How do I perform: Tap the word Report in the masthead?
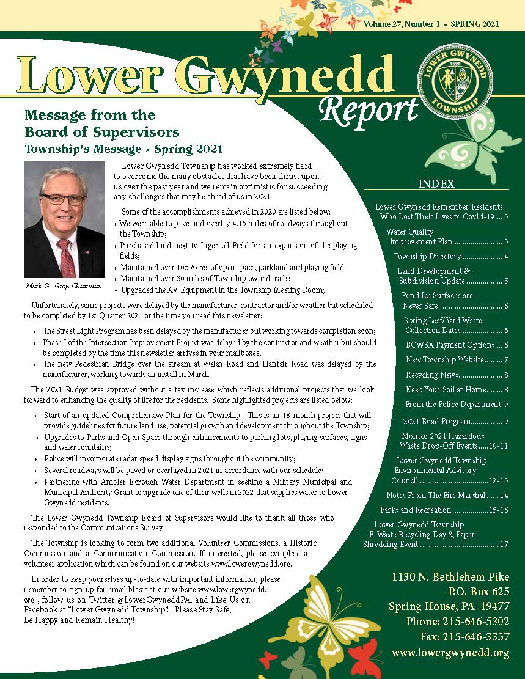[x=368, y=110]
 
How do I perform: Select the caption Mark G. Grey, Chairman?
[x=64, y=285]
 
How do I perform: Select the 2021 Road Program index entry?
[x=455, y=421]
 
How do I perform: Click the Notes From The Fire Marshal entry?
[x=447, y=495]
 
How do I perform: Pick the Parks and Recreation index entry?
[x=444, y=510]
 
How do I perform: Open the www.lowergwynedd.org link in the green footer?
[x=450, y=653]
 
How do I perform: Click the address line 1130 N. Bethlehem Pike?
[x=450, y=577]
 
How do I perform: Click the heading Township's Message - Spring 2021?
[x=123, y=149]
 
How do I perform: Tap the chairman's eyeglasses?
[x=64, y=200]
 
